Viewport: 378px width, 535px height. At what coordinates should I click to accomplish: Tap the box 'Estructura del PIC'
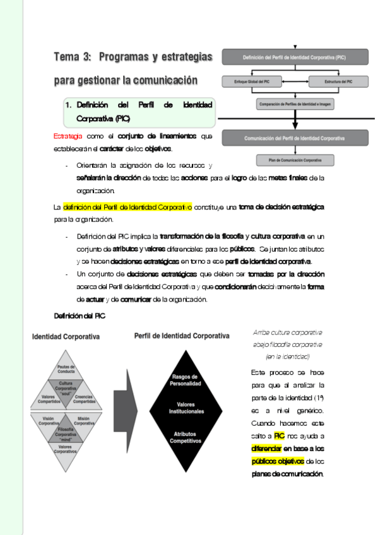point(340,81)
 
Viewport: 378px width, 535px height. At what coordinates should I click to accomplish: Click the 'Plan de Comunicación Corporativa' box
point(295,160)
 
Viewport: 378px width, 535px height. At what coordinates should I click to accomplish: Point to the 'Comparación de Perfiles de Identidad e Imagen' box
point(295,103)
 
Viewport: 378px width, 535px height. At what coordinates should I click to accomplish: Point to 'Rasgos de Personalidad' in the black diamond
point(186,380)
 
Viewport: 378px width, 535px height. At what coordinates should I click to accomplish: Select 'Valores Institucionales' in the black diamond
point(186,408)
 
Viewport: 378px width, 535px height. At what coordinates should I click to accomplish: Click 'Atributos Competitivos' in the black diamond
point(186,438)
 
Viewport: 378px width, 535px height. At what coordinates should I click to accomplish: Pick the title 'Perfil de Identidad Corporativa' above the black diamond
point(182,336)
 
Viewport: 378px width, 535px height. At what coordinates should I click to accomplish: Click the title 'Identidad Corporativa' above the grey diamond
point(66,337)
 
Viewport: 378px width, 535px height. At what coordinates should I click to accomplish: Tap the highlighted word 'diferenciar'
point(266,449)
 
